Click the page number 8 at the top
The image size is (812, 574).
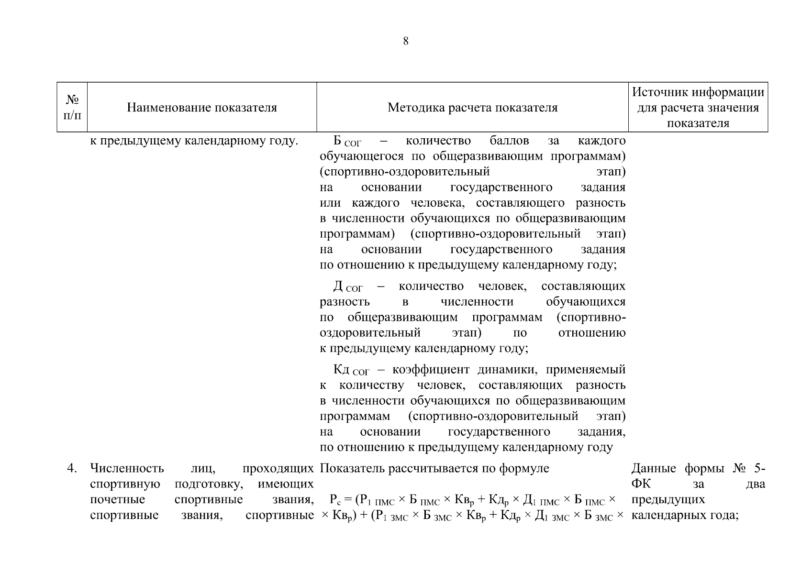pos(406,41)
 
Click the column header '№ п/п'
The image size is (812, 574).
pos(72,107)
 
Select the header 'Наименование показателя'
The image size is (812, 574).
pos(201,108)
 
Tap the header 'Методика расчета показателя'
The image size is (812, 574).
pos(472,108)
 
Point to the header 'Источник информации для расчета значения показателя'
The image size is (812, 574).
pos(698,107)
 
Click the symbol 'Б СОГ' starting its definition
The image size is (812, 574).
pos(347,142)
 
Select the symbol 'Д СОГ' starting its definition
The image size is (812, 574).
pos(348,287)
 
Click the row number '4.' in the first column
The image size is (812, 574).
pos(72,468)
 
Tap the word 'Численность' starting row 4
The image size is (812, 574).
pos(127,468)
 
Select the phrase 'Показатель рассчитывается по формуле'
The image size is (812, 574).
pos(434,468)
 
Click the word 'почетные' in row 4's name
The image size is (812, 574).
pos(117,499)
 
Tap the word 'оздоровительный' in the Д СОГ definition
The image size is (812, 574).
pos(370,332)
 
